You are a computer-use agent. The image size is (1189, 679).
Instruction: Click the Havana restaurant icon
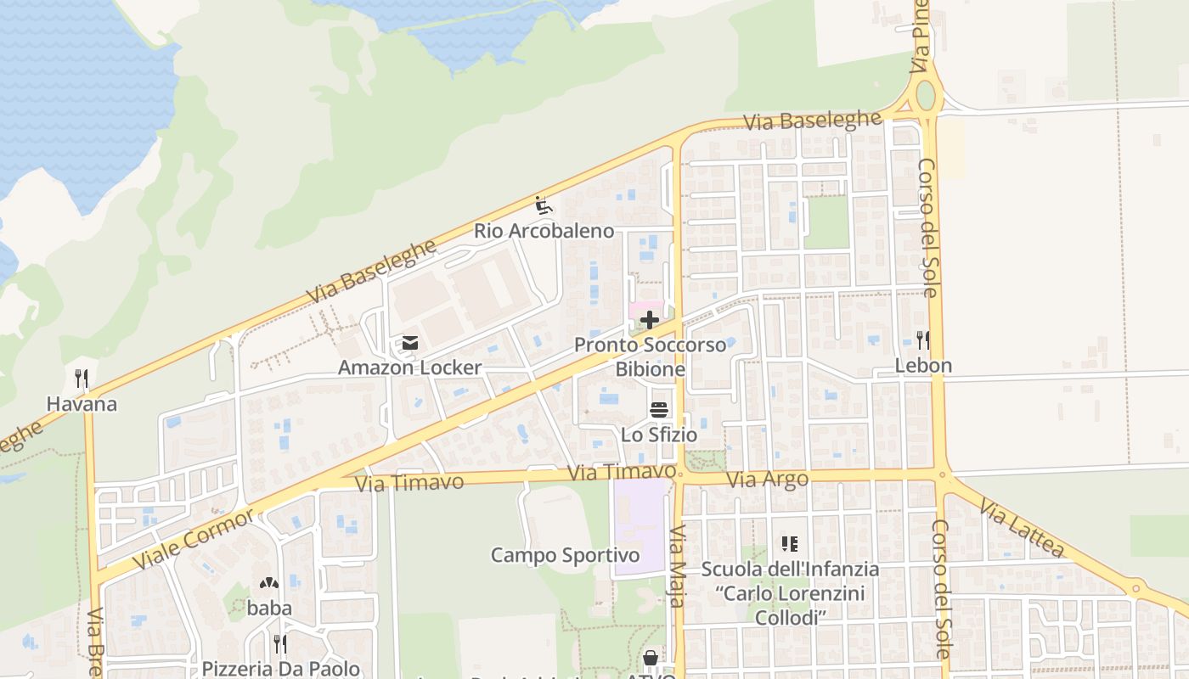point(82,379)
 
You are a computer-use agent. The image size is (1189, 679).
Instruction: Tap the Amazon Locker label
point(409,368)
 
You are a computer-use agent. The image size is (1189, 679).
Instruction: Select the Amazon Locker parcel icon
point(410,343)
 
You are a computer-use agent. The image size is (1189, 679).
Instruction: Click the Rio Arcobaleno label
point(544,231)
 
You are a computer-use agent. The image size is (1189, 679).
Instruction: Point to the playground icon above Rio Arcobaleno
point(544,205)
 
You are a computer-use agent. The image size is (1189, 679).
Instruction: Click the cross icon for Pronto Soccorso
point(650,320)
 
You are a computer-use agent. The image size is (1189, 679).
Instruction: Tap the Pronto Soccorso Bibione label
point(650,357)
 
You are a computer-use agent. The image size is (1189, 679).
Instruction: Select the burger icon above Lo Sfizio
point(659,410)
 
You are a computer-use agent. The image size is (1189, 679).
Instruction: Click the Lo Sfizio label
point(659,435)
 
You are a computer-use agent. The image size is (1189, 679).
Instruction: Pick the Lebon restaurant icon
point(923,340)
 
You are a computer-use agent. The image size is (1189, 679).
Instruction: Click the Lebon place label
point(923,366)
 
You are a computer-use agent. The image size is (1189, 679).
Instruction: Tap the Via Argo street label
point(768,480)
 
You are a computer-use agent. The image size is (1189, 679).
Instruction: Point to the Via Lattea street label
point(1021,529)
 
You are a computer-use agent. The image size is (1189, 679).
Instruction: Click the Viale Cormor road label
point(194,540)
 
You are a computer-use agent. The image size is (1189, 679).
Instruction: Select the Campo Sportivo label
point(565,556)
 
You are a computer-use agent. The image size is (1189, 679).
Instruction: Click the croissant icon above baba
point(269,584)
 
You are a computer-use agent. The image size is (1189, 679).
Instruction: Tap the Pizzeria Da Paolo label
point(280,668)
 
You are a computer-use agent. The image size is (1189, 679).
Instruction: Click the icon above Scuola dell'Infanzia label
point(790,544)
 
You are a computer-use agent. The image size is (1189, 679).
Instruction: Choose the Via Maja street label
point(677,567)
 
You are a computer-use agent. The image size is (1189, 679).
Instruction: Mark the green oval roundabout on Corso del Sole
point(925,95)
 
